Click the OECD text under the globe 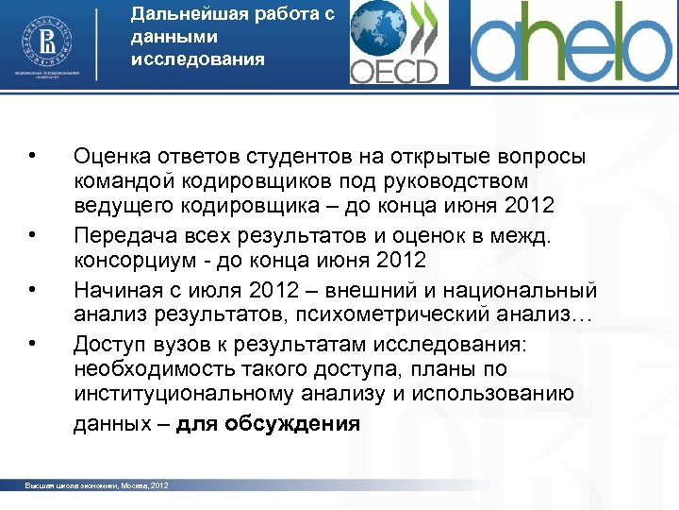pyautogui.click(x=394, y=71)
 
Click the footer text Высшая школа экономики pyautogui.click(x=75, y=485)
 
